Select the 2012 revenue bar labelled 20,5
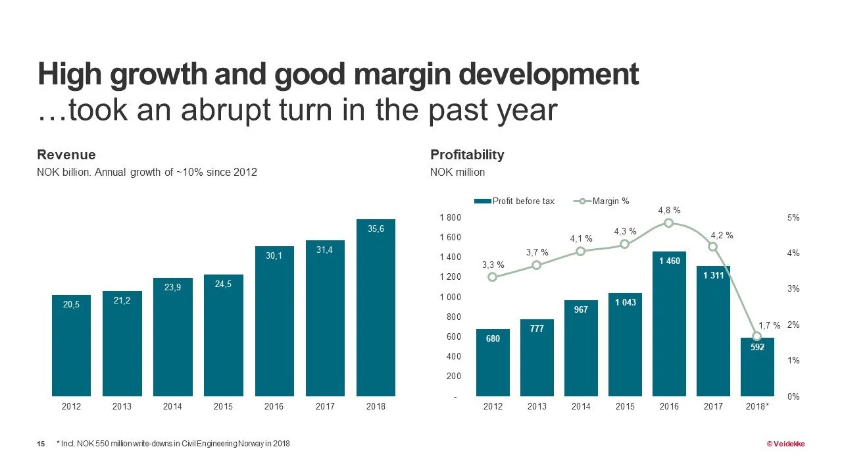click(71, 345)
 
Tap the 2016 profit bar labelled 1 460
click(669, 323)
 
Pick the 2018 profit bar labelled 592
click(757, 367)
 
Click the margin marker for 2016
click(668, 223)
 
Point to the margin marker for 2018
click(757, 336)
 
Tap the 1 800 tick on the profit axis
click(450, 217)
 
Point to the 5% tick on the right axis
click(794, 217)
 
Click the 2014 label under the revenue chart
click(172, 407)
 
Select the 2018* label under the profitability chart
click(758, 407)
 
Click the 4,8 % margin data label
click(668, 210)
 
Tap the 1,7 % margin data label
click(769, 325)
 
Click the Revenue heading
click(66, 155)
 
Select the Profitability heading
click(467, 155)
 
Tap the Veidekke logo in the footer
click(785, 444)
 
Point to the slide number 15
click(41, 444)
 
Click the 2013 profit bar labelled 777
click(537, 357)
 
